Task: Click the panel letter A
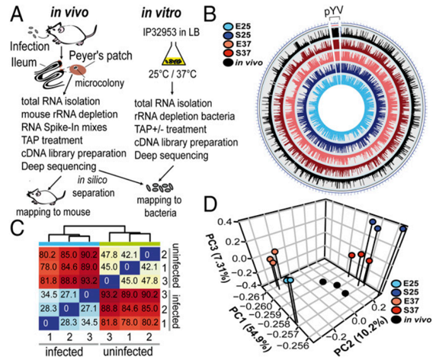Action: coord(17,14)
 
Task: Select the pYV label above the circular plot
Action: coord(335,11)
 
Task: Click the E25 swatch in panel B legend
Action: coord(229,27)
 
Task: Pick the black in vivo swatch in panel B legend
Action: coord(229,63)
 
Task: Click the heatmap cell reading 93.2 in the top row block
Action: coord(89,281)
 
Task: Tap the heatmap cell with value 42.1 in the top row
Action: coord(130,254)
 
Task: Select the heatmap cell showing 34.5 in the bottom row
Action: coord(89,323)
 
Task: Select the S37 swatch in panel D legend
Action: coord(397,310)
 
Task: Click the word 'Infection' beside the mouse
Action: coord(30,47)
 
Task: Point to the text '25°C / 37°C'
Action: coord(172,74)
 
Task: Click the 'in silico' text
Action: coord(92,180)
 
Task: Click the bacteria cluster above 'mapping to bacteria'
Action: coord(159,188)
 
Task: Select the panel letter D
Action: coord(210,205)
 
